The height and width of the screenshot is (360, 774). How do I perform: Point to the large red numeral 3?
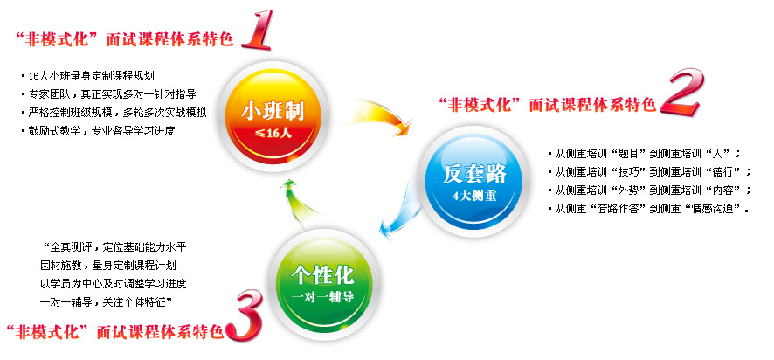[243, 315]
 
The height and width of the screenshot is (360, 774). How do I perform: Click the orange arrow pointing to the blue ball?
[380, 116]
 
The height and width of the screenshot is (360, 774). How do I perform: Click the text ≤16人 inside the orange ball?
[273, 134]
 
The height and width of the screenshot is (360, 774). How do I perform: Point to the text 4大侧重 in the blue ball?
[474, 196]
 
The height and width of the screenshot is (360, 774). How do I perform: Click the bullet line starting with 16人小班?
[88, 76]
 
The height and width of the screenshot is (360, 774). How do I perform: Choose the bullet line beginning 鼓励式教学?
[98, 131]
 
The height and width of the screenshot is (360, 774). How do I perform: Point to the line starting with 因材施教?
[108, 265]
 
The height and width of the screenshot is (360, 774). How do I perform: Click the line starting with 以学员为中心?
[113, 283]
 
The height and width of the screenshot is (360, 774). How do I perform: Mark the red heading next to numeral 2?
[548, 105]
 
